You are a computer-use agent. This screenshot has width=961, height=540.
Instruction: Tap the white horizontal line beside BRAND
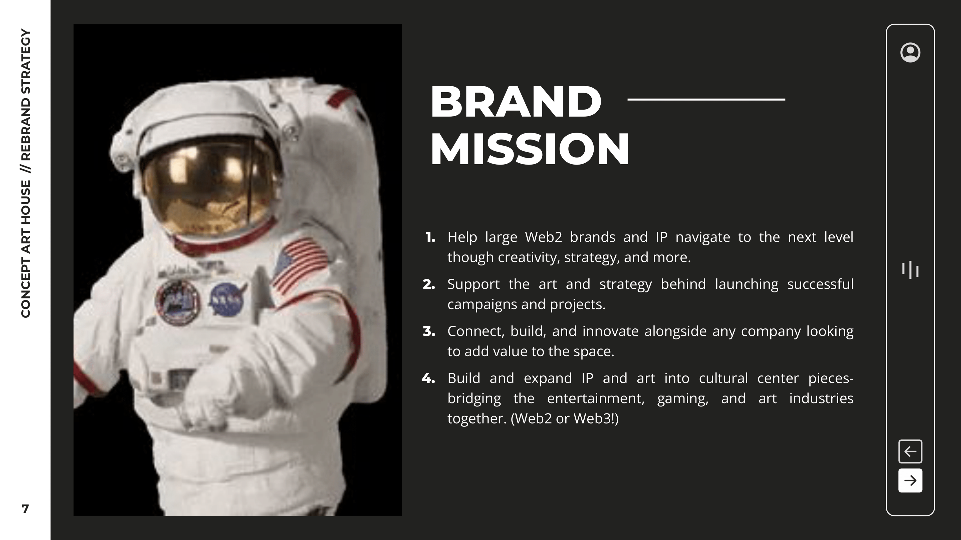[x=706, y=99]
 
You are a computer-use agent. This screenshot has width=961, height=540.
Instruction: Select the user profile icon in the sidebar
[x=910, y=52]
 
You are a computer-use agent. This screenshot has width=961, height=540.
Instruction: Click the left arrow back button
[x=910, y=451]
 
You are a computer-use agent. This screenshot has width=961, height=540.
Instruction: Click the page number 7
[x=25, y=509]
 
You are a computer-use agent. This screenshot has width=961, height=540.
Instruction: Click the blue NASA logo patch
[x=226, y=299]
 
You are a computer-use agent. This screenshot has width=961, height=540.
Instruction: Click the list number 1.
[x=430, y=237]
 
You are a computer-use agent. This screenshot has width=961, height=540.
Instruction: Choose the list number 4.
[x=428, y=379]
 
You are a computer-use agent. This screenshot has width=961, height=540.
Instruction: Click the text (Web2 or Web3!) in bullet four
[x=564, y=418]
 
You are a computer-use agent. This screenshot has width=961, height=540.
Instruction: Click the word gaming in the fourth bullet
[x=682, y=398]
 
